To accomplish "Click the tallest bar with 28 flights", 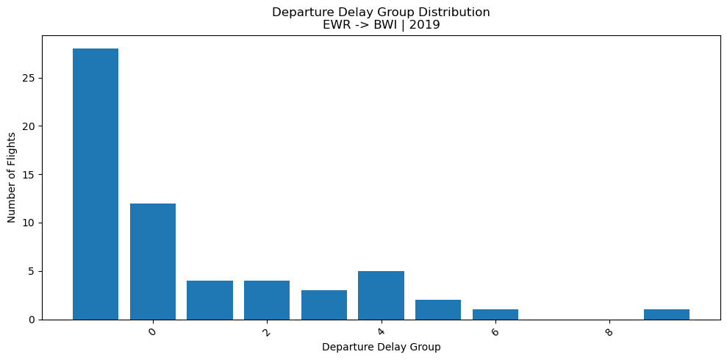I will [96, 184].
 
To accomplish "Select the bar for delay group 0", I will [153, 262].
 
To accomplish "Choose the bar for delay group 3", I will [324, 305].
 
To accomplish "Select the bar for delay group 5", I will [438, 309].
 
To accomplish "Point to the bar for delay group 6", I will [495, 314].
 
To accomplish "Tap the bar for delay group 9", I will [667, 314].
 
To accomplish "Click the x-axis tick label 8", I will [609, 332].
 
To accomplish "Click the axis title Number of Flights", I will [12, 177].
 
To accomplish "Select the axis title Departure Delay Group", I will [381, 347].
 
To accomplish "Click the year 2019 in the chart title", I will [424, 24].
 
